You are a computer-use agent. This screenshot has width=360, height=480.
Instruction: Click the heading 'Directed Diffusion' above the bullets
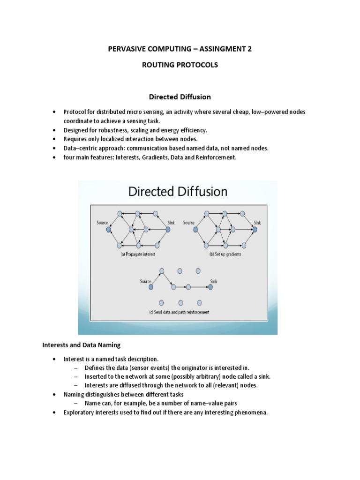(x=180, y=97)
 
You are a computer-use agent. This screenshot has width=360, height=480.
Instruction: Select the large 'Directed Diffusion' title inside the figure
(x=178, y=192)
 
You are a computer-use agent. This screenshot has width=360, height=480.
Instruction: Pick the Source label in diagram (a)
(x=103, y=223)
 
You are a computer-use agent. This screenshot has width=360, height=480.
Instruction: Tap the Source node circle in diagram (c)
(x=151, y=287)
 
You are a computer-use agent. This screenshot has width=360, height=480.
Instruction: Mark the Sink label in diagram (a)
(x=171, y=223)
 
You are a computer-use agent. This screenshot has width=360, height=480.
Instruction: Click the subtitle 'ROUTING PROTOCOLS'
(x=180, y=65)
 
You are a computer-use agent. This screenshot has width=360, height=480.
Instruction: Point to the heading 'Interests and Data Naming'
(x=82, y=345)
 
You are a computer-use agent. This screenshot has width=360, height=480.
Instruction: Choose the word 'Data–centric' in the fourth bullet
(x=81, y=149)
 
